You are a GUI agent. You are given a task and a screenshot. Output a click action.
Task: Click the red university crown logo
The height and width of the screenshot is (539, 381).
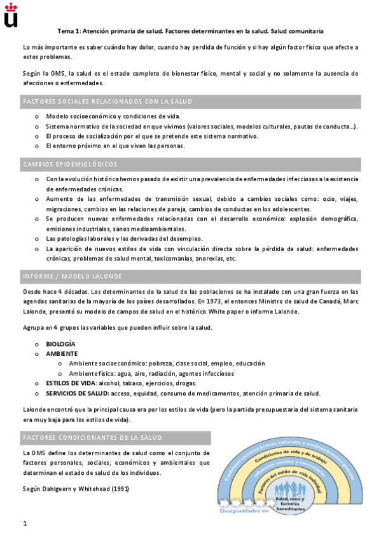point(11,16)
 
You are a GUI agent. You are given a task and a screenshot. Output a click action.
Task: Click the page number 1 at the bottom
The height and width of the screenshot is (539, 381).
point(24,524)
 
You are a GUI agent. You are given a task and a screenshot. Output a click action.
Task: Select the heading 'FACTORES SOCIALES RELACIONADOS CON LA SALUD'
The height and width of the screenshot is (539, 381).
point(107,102)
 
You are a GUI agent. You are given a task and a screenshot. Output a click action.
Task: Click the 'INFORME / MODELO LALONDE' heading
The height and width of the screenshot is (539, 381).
point(73,276)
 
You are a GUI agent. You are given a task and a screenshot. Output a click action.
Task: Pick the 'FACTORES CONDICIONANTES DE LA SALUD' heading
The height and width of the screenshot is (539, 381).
point(92,438)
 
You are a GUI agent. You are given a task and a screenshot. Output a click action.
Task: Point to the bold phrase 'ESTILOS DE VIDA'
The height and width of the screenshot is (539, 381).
point(71,383)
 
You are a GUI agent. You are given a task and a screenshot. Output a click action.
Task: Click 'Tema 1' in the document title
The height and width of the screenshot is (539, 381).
point(69,31)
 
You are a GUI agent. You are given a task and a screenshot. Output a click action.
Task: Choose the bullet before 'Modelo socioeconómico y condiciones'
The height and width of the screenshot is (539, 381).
point(37,116)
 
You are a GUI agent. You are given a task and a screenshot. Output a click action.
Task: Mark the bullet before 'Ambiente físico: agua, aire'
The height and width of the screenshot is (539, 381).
point(60,374)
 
